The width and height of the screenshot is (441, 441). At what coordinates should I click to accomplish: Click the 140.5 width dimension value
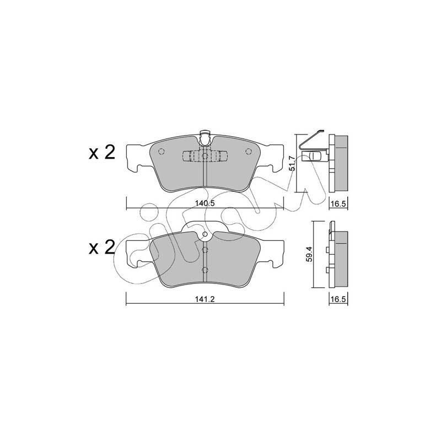pyautogui.click(x=205, y=203)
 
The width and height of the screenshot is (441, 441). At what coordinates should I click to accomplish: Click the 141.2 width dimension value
pyautogui.click(x=205, y=299)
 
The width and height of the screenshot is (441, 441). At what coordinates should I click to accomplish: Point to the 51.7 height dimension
pyautogui.click(x=292, y=163)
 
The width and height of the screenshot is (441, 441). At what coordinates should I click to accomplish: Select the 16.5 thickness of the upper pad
pyautogui.click(x=338, y=203)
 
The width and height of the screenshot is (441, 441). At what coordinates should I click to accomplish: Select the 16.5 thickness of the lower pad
pyautogui.click(x=338, y=299)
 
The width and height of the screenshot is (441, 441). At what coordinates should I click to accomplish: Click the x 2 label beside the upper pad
pyautogui.click(x=102, y=153)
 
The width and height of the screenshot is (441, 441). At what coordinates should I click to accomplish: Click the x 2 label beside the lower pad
pyautogui.click(x=102, y=247)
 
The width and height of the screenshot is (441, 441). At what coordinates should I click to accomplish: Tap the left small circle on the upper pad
pyautogui.click(x=161, y=152)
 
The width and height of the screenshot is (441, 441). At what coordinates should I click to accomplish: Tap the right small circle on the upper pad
pyautogui.click(x=248, y=152)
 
